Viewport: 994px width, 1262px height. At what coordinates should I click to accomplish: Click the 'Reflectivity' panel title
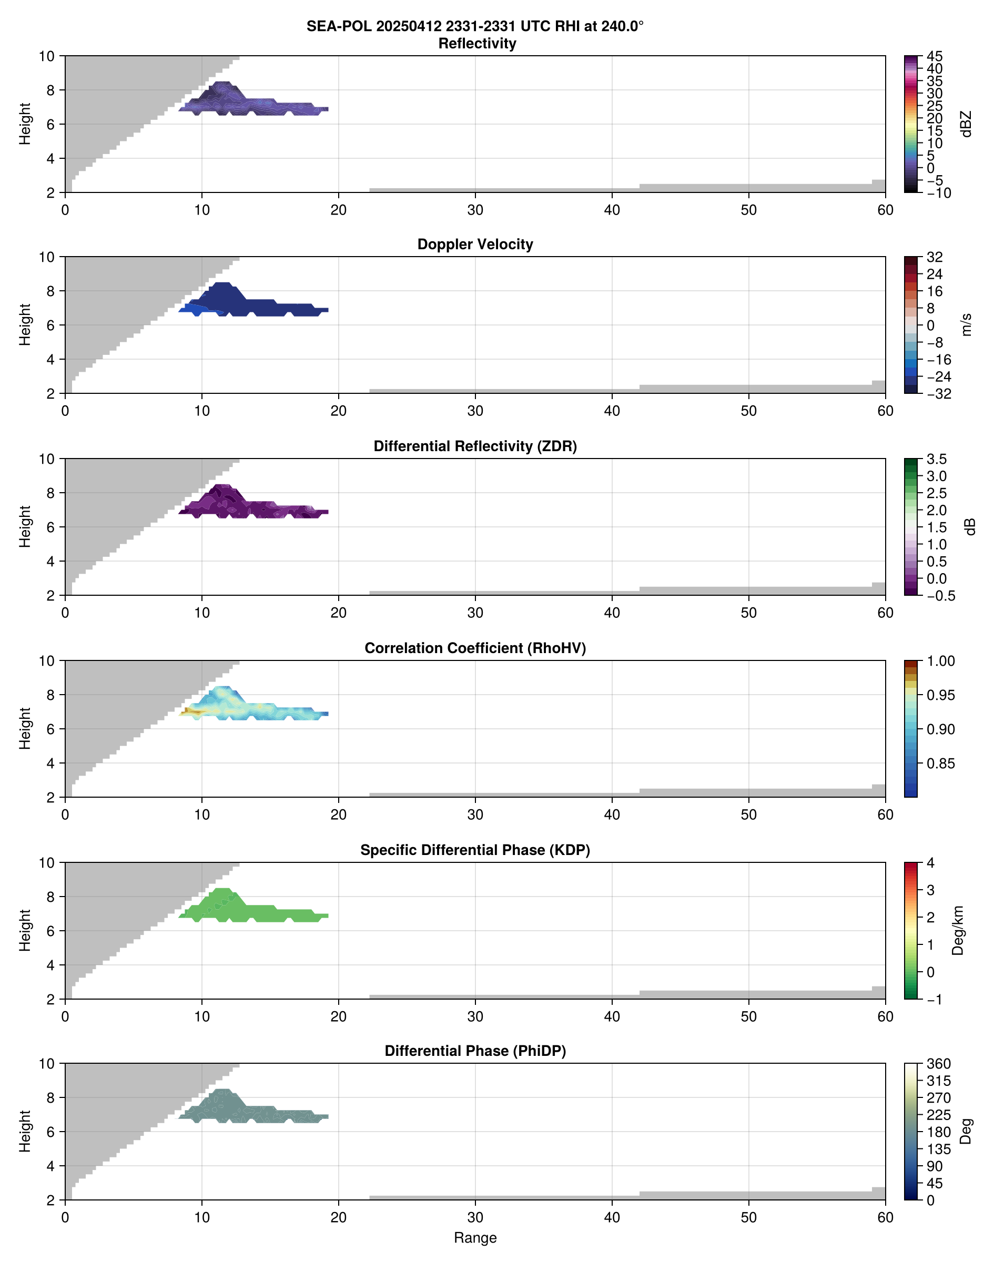(476, 44)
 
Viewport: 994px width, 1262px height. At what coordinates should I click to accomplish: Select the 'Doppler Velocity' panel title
(475, 245)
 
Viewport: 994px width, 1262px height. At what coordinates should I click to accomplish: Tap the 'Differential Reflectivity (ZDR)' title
(475, 446)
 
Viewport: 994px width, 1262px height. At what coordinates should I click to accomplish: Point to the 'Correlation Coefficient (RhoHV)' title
(475, 648)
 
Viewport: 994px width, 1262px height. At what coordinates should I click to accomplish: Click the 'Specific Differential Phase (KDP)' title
(475, 850)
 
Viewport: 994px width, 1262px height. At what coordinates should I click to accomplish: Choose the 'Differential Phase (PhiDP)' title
(475, 1051)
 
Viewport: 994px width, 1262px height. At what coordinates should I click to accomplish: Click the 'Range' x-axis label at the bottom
(475, 1238)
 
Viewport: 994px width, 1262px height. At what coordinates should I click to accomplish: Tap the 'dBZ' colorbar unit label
(967, 124)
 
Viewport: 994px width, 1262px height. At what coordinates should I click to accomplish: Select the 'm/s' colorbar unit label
(967, 324)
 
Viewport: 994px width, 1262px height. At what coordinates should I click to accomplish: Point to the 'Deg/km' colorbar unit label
(958, 930)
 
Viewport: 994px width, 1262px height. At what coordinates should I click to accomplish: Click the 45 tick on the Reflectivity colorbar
(935, 56)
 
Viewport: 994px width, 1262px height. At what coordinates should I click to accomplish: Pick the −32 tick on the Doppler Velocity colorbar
(939, 394)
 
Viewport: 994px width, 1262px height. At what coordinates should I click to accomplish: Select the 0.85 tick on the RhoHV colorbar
(940, 764)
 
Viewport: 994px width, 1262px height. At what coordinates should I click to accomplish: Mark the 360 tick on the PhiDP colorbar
(939, 1064)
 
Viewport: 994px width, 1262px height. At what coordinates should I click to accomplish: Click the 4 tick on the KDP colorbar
(930, 863)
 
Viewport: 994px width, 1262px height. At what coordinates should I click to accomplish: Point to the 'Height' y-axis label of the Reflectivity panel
(24, 124)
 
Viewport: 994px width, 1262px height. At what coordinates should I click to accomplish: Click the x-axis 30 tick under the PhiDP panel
(475, 1218)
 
